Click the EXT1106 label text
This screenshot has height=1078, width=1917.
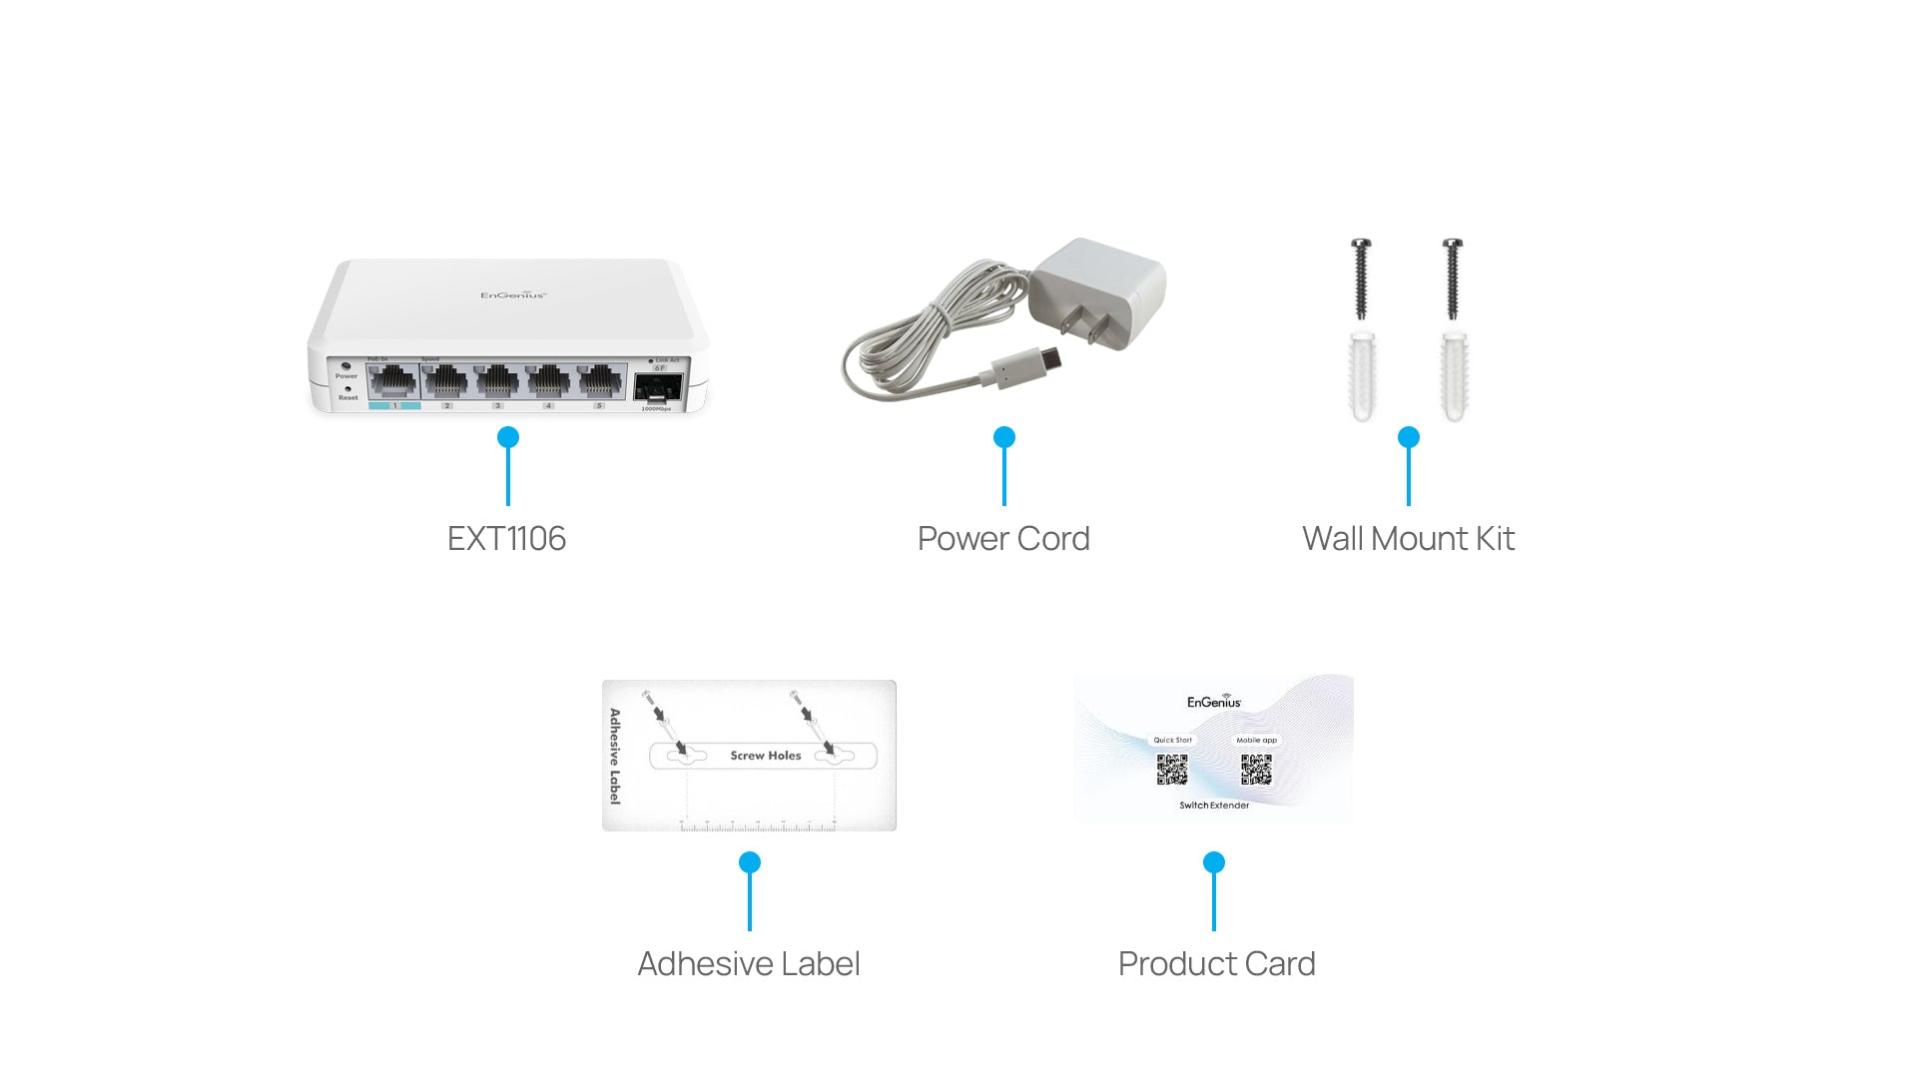pyautogui.click(x=506, y=539)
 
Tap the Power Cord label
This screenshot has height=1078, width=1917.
pyautogui.click(x=1003, y=539)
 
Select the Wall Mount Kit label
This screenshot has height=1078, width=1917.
pyautogui.click(x=1408, y=539)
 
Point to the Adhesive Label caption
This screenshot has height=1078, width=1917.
pyautogui.click(x=749, y=964)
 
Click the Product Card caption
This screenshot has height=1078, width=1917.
pyautogui.click(x=1216, y=964)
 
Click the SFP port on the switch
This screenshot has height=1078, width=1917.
pyautogui.click(x=658, y=387)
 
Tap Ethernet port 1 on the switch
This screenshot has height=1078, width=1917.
pyautogui.click(x=393, y=382)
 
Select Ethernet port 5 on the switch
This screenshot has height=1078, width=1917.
pyautogui.click(x=600, y=382)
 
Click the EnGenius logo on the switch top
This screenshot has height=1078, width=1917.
pyautogui.click(x=513, y=294)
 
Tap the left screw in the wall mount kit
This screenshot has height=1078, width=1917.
pyautogui.click(x=1361, y=278)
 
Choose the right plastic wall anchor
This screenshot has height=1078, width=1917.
pyautogui.click(x=1454, y=377)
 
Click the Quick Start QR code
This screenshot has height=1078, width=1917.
pyautogui.click(x=1172, y=770)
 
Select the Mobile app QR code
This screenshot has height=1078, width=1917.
pyautogui.click(x=1256, y=770)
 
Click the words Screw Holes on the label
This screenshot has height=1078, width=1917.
pyautogui.click(x=766, y=756)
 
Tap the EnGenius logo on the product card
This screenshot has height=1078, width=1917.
pyautogui.click(x=1214, y=702)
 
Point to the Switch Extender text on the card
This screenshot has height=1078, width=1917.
pyautogui.click(x=1214, y=806)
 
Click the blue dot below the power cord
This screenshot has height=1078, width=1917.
pyautogui.click(x=1004, y=437)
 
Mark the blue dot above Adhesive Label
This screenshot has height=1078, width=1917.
pyautogui.click(x=750, y=862)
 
